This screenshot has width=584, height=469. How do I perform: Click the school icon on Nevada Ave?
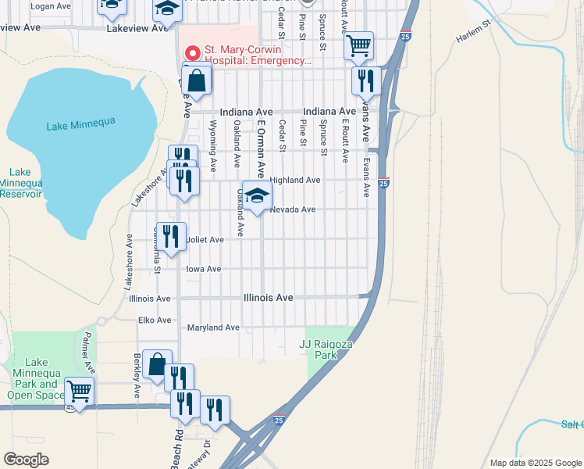[x=256, y=197]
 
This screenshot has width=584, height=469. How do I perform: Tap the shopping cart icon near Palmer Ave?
[x=79, y=390]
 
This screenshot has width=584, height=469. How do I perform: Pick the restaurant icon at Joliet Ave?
[x=170, y=236]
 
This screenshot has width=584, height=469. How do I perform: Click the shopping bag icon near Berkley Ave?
[x=157, y=363]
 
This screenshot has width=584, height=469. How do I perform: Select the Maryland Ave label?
[x=212, y=328]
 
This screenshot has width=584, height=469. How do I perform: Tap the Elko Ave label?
[x=154, y=320]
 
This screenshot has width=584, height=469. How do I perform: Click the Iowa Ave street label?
[x=204, y=269]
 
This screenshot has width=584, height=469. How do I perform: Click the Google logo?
[x=27, y=459]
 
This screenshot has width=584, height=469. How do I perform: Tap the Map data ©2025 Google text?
[x=536, y=463]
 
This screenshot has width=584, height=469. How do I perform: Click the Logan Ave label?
[x=51, y=5]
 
